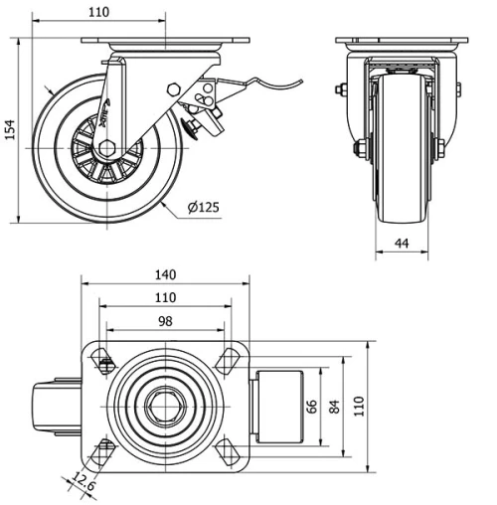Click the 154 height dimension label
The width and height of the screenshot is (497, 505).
pyautogui.click(x=11, y=130)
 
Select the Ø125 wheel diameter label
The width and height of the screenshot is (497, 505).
pyautogui.click(x=203, y=208)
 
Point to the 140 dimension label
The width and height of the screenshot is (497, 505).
pyautogui.click(x=165, y=274)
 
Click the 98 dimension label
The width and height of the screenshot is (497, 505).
pyautogui.click(x=165, y=321)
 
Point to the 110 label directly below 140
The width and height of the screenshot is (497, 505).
pyautogui.click(x=165, y=297)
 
